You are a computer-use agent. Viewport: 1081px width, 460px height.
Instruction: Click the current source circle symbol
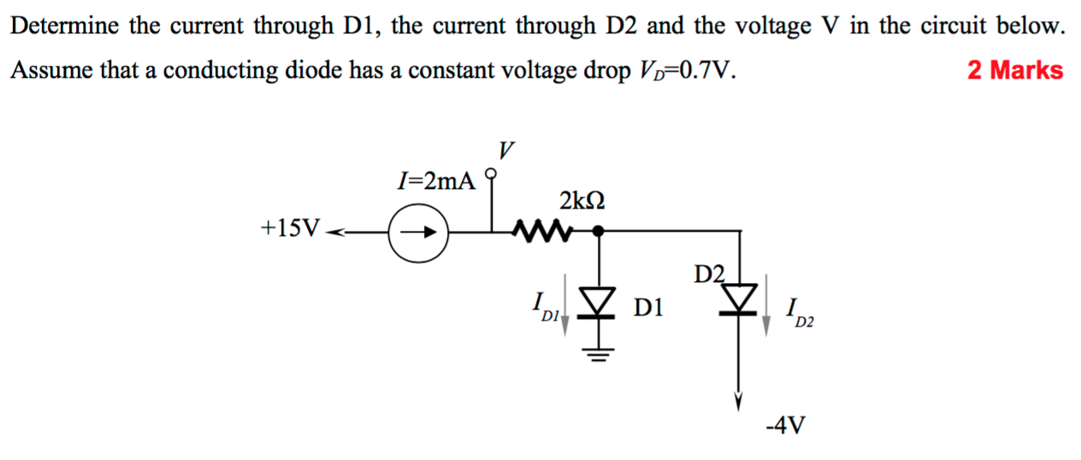pyautogui.click(x=417, y=231)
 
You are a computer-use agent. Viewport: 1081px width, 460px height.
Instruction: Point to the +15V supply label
pyautogui.click(x=292, y=228)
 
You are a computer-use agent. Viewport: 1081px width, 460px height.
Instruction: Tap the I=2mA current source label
pyautogui.click(x=436, y=181)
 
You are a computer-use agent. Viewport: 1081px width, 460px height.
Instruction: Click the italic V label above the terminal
pyautogui.click(x=506, y=151)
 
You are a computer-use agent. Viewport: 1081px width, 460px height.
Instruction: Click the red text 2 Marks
pyautogui.click(x=1015, y=70)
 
